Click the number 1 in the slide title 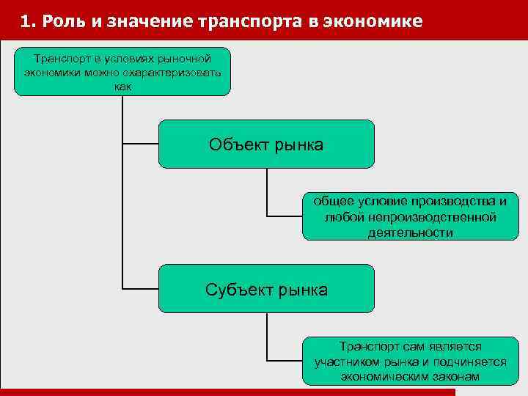click(x=26, y=21)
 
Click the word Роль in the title click(x=61, y=21)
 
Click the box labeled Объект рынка click(x=266, y=144)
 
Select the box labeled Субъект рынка click(x=266, y=289)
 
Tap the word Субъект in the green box click(x=238, y=290)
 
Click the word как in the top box click(x=122, y=86)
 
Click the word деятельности click(x=411, y=232)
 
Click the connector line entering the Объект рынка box click(x=140, y=144)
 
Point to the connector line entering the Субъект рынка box click(x=140, y=288)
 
